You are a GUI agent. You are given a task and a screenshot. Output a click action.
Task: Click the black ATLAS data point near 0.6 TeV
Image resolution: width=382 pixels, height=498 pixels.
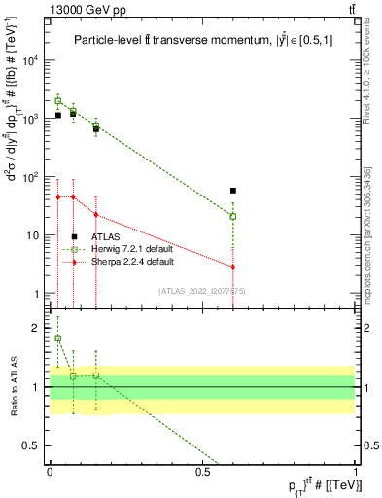tap(233, 191)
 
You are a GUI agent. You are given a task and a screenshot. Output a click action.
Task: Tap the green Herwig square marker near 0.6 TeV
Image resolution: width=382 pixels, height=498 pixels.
tap(233, 216)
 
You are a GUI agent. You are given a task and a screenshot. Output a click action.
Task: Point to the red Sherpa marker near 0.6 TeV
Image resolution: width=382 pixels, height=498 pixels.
tap(233, 267)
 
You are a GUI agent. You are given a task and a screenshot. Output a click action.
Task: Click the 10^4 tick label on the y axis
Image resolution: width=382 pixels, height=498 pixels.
tap(31, 60)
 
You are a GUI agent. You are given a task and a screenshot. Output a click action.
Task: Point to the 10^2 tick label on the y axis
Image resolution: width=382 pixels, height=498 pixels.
tap(31, 177)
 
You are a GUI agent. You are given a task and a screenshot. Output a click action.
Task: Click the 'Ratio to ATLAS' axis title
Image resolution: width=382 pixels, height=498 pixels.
tap(15, 386)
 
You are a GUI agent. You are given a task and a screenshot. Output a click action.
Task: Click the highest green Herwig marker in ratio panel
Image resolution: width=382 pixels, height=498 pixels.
tap(57, 338)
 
